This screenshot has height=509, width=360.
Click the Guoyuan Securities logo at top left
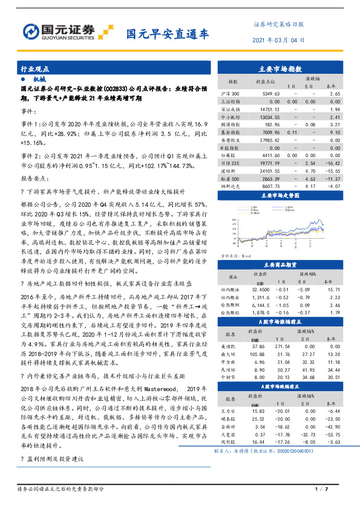[58, 31]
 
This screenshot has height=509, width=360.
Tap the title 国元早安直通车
[167, 34]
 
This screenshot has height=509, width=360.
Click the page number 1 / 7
[321, 488]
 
